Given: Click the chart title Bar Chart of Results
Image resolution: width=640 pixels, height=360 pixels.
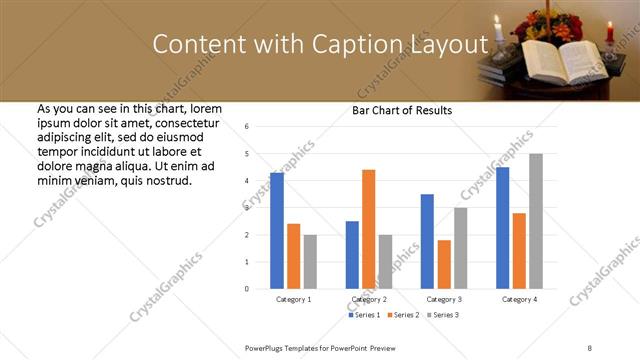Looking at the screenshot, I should [x=401, y=110].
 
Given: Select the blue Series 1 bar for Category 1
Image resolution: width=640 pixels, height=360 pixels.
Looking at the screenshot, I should [x=277, y=230].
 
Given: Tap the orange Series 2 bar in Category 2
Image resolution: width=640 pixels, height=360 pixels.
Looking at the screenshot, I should [x=369, y=229].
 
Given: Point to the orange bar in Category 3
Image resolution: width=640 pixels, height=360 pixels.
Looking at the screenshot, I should [x=444, y=264].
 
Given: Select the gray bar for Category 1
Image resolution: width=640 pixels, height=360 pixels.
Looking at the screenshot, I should [x=310, y=262].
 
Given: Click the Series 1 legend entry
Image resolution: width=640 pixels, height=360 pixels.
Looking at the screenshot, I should [x=365, y=316].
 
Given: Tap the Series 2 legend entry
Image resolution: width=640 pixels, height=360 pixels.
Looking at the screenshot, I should [x=402, y=316].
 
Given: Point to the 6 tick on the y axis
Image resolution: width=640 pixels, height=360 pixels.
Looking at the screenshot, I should [x=247, y=127].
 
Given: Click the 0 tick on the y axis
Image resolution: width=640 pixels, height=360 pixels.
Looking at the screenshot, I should [x=247, y=289].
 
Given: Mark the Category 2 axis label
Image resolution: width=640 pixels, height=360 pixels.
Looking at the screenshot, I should [x=369, y=300].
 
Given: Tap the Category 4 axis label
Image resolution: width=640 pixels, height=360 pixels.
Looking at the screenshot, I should [x=519, y=300].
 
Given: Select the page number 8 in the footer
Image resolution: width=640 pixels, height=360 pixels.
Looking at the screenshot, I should [x=589, y=346].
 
